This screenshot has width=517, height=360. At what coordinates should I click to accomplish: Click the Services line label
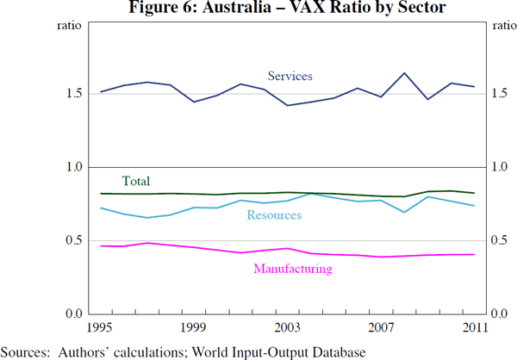290,76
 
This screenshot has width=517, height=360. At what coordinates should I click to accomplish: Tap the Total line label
136,181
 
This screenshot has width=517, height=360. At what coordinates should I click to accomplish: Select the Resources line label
274,214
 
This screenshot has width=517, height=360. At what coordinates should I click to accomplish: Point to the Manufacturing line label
293,269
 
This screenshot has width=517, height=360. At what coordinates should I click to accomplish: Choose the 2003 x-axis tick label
287,327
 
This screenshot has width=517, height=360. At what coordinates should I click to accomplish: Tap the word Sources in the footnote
23,351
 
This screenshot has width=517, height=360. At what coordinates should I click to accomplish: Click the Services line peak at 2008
404,73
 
